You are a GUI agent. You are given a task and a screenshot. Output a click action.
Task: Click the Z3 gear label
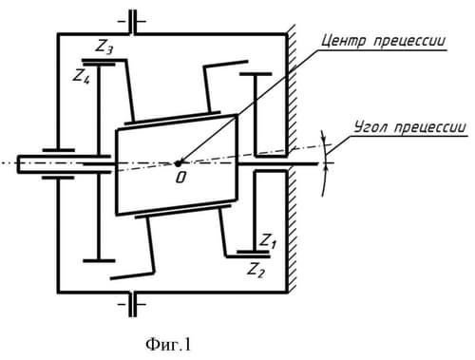coord(104,47)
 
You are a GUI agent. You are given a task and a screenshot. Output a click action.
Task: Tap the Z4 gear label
coord(82,76)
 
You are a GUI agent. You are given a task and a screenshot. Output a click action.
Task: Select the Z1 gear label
coord(268,240)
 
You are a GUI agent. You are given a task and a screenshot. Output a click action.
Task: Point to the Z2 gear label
coord(256,270)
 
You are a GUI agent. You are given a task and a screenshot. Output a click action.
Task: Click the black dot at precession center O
coord(178,163)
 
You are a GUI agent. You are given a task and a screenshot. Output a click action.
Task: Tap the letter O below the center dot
coord(180,178)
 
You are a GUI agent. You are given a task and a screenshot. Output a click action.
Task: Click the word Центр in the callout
coord(343,41)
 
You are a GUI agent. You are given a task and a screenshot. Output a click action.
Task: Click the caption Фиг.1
coord(168,345)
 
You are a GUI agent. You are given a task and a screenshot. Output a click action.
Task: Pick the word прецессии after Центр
coord(409,41)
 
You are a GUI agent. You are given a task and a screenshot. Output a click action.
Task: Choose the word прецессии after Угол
coord(430,127)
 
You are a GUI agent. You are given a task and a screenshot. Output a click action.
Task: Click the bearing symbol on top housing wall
coord(132,22)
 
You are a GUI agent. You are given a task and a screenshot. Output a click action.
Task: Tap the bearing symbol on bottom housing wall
coord(132,304)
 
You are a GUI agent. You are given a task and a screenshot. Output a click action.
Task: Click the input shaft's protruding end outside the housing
coord(37,164)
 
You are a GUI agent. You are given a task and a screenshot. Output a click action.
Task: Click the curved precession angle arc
coord(326,163)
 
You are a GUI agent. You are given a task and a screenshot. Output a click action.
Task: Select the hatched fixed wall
coord(292,159)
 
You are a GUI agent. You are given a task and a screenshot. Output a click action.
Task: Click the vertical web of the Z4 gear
coord(99,161)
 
